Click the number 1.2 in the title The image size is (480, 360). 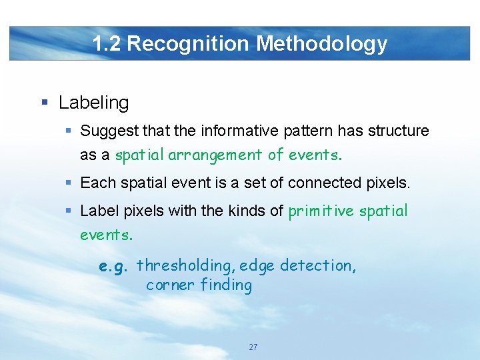pos(107,44)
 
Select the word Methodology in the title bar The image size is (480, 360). pos(322,44)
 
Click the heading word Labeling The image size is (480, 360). pos(93,103)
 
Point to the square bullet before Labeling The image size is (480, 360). pos(45,103)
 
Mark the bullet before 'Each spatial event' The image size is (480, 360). pos(70,182)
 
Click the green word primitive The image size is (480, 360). pos(321,211)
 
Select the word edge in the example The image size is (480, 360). pos(257,266)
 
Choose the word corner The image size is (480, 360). pos(169,285)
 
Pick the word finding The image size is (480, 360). pos(226,285)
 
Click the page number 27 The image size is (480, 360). pos(253,347)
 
